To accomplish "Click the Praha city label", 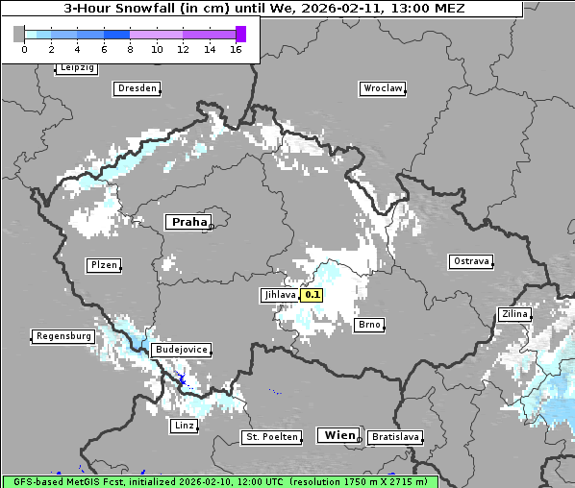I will [x=188, y=222].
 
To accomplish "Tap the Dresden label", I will [x=137, y=88].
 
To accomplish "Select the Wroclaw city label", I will [x=383, y=88].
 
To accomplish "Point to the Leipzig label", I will [x=77, y=68].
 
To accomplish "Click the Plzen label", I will [x=103, y=265].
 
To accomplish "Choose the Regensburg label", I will [x=63, y=336].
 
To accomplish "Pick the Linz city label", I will [x=184, y=425].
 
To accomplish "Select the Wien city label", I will [x=339, y=435].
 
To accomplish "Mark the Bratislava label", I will [x=395, y=437].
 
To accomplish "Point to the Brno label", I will [x=369, y=325].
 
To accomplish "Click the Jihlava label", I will [x=279, y=296].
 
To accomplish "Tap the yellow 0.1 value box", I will [x=312, y=296].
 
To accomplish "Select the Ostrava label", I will [x=471, y=261].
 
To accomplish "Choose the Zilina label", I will [x=514, y=314].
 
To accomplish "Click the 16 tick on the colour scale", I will [x=236, y=49].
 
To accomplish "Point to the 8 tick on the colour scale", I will [x=130, y=49].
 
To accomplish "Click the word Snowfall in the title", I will [x=143, y=9].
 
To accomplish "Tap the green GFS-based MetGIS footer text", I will [x=219, y=481].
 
